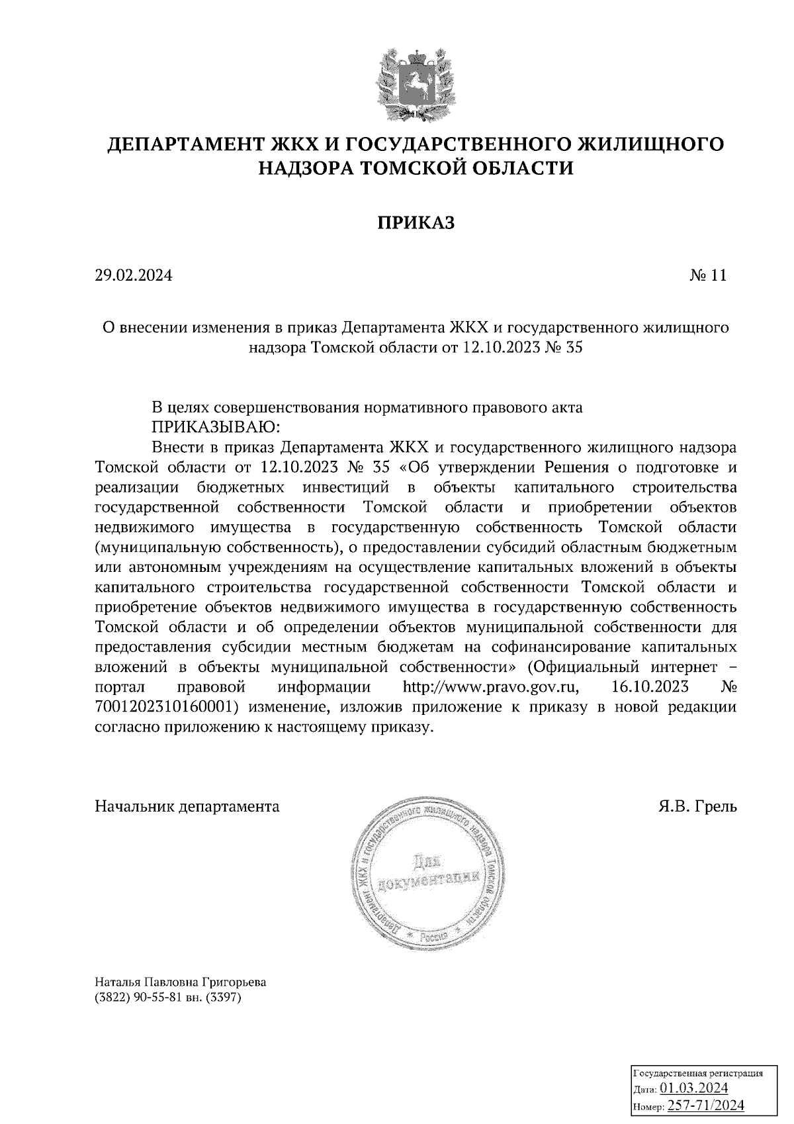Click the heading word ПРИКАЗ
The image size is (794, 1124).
click(416, 223)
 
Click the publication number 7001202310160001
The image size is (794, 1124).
click(166, 706)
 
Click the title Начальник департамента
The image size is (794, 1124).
click(187, 806)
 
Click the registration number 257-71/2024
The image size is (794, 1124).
click(705, 1105)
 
